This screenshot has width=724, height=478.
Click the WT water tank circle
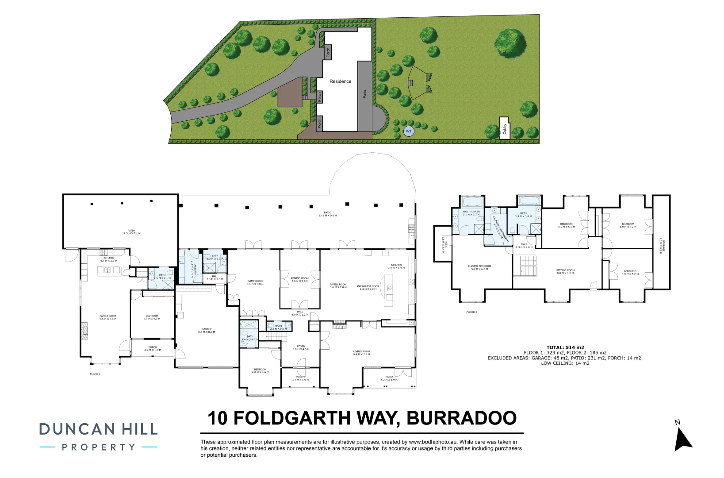[x=409, y=131]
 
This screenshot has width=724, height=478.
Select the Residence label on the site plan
[x=340, y=81]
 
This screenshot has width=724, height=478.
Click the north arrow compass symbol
[x=682, y=438]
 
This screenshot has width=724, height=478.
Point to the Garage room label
[x=207, y=330]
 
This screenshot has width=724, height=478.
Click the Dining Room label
[x=300, y=279]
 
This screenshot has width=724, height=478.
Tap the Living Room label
[x=361, y=353]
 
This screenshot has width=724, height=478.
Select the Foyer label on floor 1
[x=301, y=347]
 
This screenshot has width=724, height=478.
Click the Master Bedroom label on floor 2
[x=479, y=267]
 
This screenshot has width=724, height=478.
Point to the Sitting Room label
[x=565, y=271]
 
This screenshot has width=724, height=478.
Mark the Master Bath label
[x=471, y=213]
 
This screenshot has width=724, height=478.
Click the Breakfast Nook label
[x=368, y=287]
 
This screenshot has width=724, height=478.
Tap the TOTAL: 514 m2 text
[x=565, y=347]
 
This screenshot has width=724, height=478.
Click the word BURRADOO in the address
[x=461, y=418]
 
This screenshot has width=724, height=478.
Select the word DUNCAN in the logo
[x=77, y=429]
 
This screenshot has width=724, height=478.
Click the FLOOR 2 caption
[x=471, y=312]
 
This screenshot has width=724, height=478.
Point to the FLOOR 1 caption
[x=95, y=374]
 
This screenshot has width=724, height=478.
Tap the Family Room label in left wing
[x=108, y=317]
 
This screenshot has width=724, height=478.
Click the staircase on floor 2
[x=528, y=266]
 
